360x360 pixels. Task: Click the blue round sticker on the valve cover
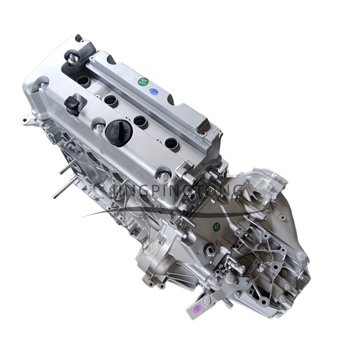pos(153,91)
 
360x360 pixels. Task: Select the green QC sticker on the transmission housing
pos(217,226)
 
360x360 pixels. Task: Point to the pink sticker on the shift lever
pos(196,308)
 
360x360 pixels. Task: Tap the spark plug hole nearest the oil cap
pos(140,121)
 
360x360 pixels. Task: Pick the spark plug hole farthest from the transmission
pos(83,80)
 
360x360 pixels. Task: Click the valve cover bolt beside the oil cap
pos(99,129)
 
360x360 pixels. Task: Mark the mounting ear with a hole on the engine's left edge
pos(25,121)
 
